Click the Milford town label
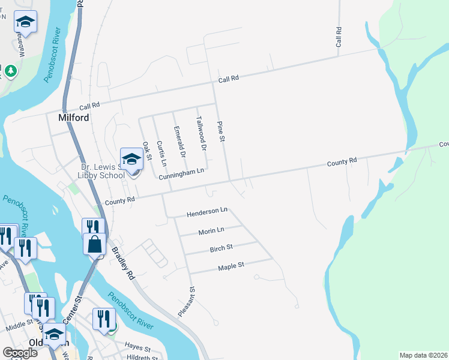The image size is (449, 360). tap(74, 118)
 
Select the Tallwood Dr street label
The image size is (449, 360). tap(201, 133)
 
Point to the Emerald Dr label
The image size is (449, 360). tap(179, 142)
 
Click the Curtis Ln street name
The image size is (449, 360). tap(160, 153)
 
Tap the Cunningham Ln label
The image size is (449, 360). tap(182, 173)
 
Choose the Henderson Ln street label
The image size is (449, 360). tap(207, 212)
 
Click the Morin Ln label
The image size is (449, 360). tap(211, 230)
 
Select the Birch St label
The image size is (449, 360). tap(221, 247)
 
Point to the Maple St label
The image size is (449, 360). tap(231, 265)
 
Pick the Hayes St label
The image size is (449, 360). tap(137, 346)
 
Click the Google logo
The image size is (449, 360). tap(20, 353)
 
